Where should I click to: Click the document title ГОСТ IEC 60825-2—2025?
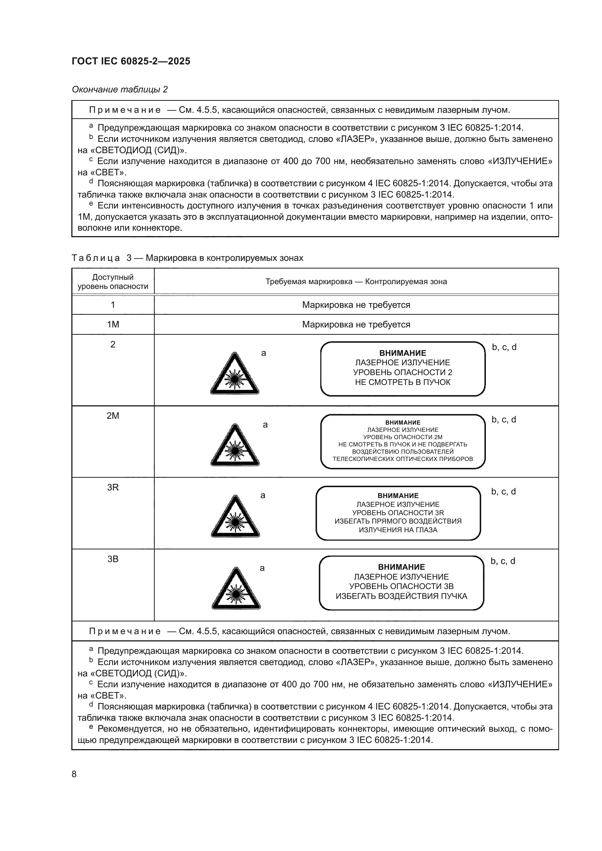pyautogui.click(x=131, y=61)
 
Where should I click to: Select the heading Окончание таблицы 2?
pyautogui.click(x=120, y=90)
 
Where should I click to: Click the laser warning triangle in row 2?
pyautogui.click(x=235, y=374)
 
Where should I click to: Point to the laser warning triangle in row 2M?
pyautogui.click(x=235, y=446)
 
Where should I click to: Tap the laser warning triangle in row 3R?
pyautogui.click(x=235, y=517)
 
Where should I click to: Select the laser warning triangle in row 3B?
pyautogui.click(x=236, y=589)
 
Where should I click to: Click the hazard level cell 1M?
pyautogui.click(x=113, y=325)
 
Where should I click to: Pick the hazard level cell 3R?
pyautogui.click(x=113, y=488)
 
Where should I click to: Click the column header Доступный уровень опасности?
pyautogui.click(x=113, y=282)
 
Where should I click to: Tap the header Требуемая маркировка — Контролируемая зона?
pyautogui.click(x=356, y=282)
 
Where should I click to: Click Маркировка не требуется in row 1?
pyautogui.click(x=356, y=305)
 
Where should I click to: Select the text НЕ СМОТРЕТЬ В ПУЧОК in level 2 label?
pyautogui.click(x=403, y=382)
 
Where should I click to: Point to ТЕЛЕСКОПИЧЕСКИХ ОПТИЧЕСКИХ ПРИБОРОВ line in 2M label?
pyautogui.click(x=403, y=459)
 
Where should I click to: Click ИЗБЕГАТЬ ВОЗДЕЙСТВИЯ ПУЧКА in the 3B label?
pyautogui.click(x=401, y=596)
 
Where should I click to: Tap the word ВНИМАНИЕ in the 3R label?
pyautogui.click(x=398, y=496)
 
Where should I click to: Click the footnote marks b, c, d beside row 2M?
pyautogui.click(x=503, y=419)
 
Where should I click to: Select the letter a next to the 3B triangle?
pyautogui.click(x=262, y=568)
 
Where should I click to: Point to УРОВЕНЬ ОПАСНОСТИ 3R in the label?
pyautogui.click(x=398, y=513)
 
